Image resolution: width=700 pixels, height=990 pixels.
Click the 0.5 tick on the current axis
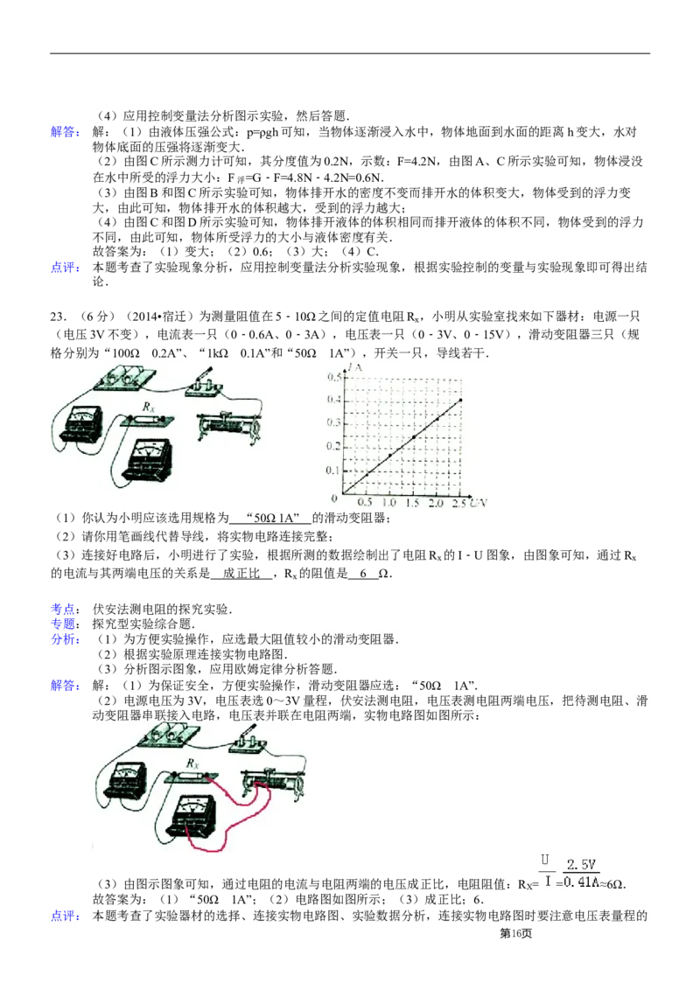point(333,377)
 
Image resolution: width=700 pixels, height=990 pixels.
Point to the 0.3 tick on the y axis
point(333,423)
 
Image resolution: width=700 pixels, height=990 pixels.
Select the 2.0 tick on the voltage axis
point(436,505)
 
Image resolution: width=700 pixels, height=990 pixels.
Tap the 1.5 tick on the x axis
point(413,505)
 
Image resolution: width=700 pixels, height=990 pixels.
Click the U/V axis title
point(478,505)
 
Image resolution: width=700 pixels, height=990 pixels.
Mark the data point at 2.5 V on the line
point(460,400)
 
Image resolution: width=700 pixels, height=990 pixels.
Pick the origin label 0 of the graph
point(334,498)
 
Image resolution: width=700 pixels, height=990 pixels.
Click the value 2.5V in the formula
point(581,864)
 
